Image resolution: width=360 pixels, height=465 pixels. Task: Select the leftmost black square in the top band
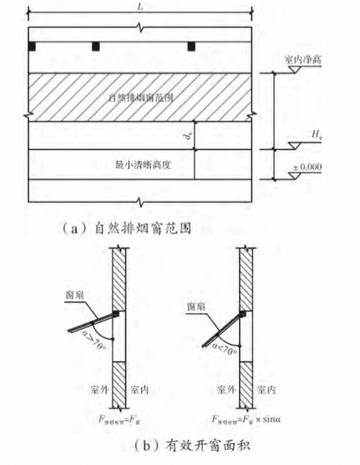[x=33, y=46]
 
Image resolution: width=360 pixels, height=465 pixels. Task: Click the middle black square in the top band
[x=96, y=46]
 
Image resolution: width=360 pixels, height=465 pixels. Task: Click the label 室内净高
[x=302, y=60]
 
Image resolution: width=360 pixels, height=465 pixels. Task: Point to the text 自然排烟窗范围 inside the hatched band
[x=141, y=98]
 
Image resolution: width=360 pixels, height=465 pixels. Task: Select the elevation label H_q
[x=316, y=134]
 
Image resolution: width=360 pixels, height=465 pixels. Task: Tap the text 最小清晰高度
[x=141, y=165]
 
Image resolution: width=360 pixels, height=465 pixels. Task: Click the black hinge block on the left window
[x=116, y=314]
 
